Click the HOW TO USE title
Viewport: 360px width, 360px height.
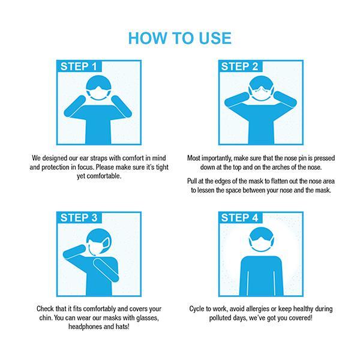coord(180,38)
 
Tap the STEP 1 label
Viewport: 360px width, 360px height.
coord(79,67)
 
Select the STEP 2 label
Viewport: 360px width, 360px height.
coord(239,67)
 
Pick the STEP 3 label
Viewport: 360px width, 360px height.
coord(79,218)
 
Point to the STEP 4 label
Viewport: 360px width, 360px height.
coord(239,218)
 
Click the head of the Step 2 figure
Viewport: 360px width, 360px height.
coord(261,88)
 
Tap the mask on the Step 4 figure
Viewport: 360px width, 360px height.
coord(261,244)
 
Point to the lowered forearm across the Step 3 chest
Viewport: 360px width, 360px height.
coord(106,270)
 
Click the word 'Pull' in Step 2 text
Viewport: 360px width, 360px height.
coord(192,181)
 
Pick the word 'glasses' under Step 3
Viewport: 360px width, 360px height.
coord(148,318)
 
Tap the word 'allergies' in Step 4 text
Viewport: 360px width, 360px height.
coord(257,309)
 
